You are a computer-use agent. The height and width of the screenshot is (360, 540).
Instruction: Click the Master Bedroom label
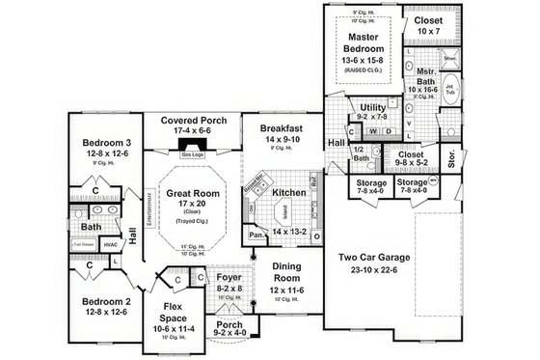(366, 42)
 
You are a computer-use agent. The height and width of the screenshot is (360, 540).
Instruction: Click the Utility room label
(373, 107)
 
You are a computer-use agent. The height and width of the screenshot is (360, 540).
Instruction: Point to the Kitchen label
(289, 193)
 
